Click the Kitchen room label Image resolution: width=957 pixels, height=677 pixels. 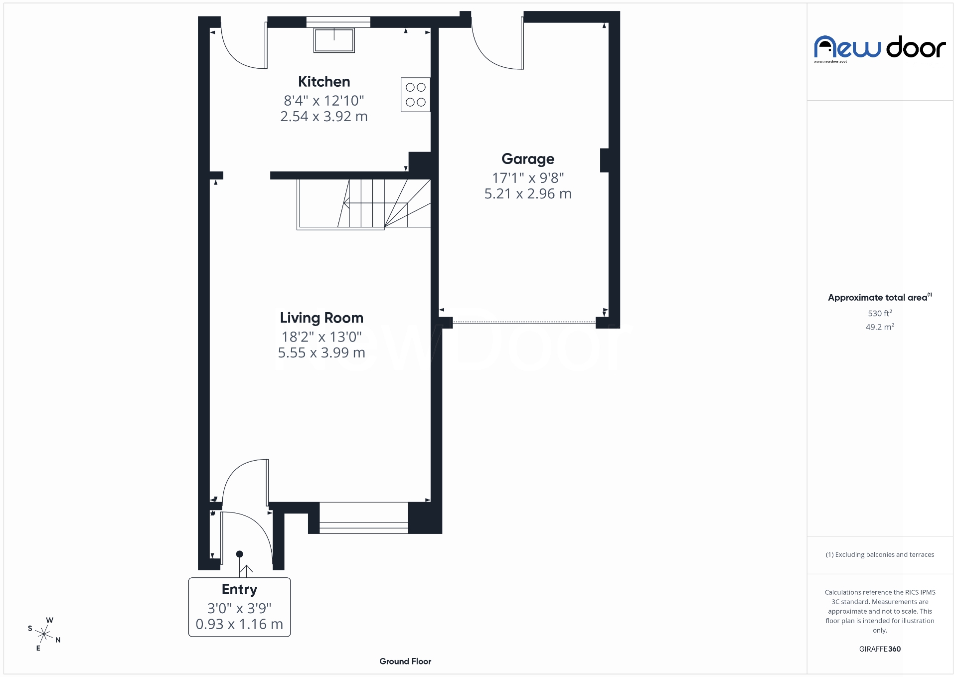tap(324, 82)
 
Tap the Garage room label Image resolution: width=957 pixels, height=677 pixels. tap(527, 159)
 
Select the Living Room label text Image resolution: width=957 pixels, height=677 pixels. tap(321, 318)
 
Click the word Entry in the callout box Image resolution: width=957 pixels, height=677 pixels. tap(239, 589)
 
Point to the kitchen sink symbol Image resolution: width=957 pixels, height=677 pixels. tap(334, 40)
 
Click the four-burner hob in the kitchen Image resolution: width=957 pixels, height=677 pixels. tap(415, 95)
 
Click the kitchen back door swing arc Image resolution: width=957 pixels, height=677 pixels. tap(239, 50)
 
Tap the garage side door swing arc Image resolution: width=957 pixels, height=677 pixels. tap(493, 50)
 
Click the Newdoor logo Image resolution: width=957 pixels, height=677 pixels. tap(880, 48)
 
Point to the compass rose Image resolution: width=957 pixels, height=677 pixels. tap(44, 635)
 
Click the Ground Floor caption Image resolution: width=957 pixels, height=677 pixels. tap(405, 662)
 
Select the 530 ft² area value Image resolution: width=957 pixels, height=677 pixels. tap(880, 314)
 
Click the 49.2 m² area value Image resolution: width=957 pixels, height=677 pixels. tap(880, 327)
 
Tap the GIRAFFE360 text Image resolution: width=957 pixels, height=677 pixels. tap(880, 649)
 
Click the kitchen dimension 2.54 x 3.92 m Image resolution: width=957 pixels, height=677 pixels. tap(324, 117)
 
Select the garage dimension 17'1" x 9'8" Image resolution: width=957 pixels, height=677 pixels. tap(527, 178)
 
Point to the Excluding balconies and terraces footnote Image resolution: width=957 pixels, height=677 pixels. tap(880, 555)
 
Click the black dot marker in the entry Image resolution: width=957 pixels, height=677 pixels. tap(239, 554)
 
